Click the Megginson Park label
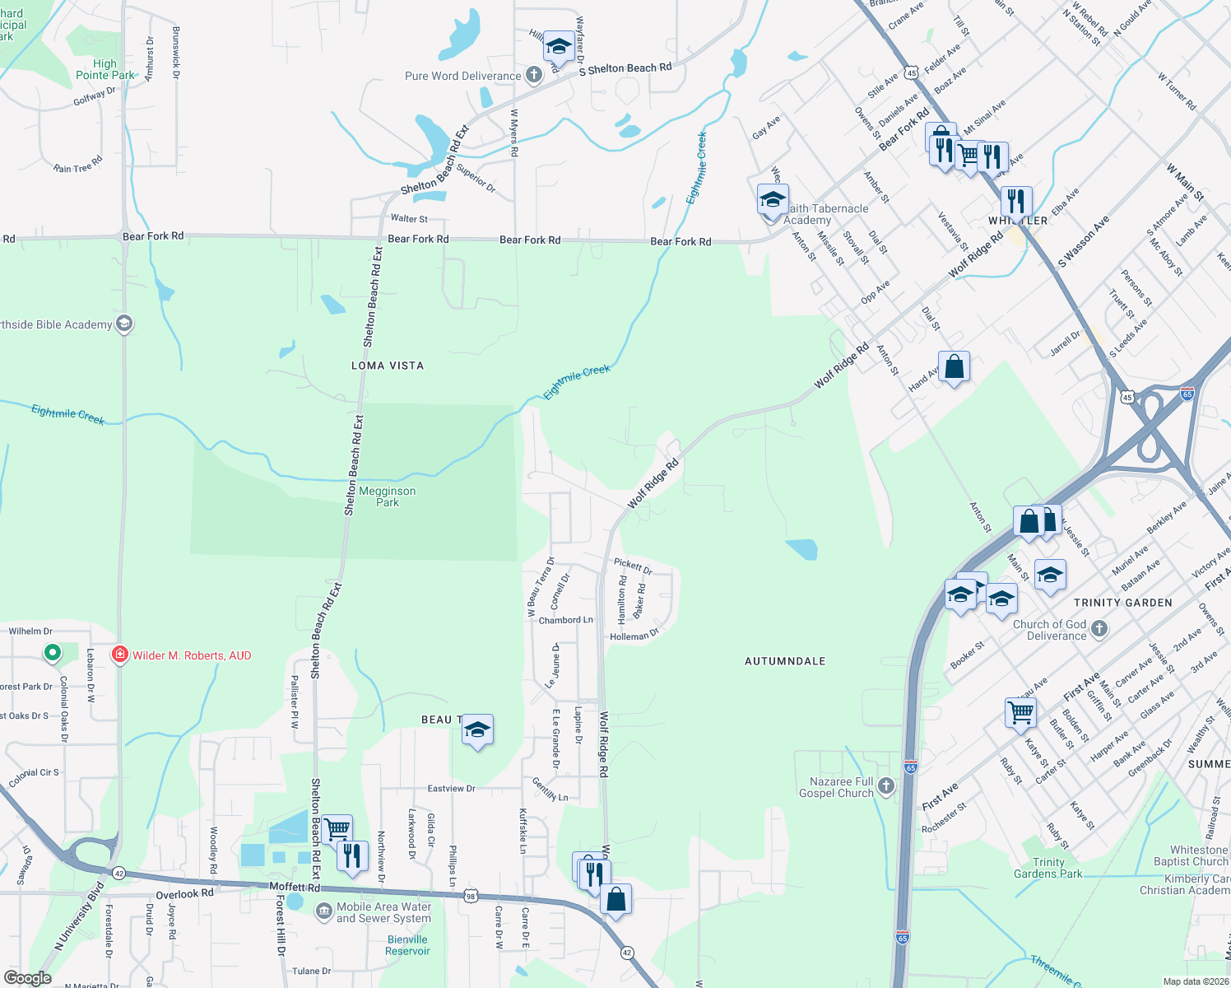388,496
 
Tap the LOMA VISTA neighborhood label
388,366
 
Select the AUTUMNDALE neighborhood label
785,661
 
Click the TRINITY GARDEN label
1123,603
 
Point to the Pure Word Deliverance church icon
534,76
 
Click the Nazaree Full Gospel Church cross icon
886,786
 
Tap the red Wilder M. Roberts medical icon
120,655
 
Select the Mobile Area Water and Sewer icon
324,912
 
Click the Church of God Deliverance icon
1099,630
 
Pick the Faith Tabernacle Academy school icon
773,200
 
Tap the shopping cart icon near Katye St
1020,713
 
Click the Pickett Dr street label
633,566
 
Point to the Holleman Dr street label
634,636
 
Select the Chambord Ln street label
565,620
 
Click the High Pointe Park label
105,69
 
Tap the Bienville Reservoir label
407,945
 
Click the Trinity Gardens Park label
1048,868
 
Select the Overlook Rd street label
184,893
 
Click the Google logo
28,978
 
